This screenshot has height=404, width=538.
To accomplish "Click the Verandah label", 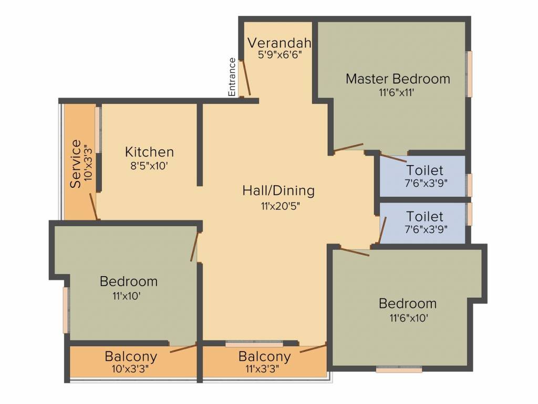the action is [x=280, y=43].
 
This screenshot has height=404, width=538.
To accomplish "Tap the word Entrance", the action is [x=232, y=77].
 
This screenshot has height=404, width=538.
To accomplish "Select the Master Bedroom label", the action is [x=398, y=79].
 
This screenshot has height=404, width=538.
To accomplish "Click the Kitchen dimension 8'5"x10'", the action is [x=149, y=166].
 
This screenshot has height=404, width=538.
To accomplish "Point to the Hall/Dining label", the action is [x=278, y=190].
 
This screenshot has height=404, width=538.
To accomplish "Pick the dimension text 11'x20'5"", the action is [x=281, y=206].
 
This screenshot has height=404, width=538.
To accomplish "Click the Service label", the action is [x=76, y=164].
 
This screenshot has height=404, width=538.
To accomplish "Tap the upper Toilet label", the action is [x=425, y=170].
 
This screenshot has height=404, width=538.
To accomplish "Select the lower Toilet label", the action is [x=425, y=216].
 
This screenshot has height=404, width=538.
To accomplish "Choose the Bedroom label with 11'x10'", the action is [x=129, y=281].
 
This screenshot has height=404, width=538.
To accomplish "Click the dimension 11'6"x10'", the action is [x=409, y=318].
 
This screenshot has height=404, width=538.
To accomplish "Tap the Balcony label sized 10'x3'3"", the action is [x=131, y=357].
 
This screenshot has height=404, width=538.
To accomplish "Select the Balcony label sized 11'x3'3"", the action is [x=265, y=357].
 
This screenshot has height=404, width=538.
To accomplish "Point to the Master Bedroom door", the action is [x=348, y=148].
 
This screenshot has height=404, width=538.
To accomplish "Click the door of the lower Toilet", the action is [x=382, y=230].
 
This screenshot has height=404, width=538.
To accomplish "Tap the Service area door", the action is [x=94, y=206].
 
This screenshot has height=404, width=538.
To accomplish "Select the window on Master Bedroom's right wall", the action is [x=469, y=74].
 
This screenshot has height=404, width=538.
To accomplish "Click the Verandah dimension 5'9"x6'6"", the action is [x=280, y=55].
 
